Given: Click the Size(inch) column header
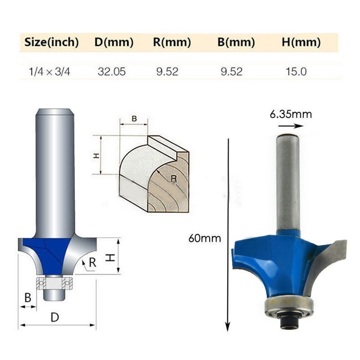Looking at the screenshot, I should point(51,42).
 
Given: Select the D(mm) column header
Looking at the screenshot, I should point(114,42).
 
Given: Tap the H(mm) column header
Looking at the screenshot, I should point(301,42).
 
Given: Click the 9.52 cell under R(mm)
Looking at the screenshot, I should point(167,71).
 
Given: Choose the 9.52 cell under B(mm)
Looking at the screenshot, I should point(231,71).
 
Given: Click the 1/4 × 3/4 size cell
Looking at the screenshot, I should point(49,71).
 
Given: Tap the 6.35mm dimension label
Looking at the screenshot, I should point(291,114).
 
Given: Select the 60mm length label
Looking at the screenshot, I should point(205,238).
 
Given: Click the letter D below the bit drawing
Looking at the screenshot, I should point(55,317).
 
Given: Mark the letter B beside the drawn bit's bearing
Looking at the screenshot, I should point(27,298).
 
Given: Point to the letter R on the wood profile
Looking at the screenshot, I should point(173,178).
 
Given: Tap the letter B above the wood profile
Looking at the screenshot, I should point(134,119).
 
